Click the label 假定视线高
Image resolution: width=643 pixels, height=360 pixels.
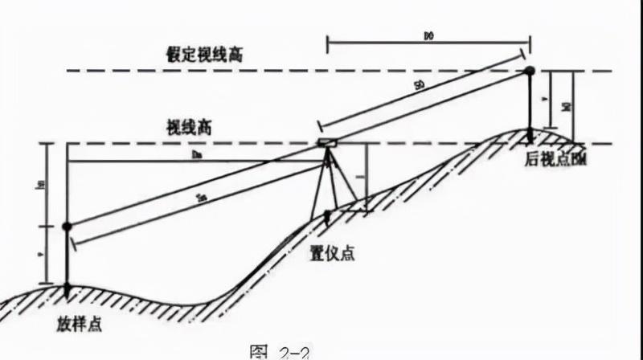200,55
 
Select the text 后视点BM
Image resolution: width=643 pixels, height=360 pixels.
555,161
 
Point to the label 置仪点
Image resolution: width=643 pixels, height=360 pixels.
332,255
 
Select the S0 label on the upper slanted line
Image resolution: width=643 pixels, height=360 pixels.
420,85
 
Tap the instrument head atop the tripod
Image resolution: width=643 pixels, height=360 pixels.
329,143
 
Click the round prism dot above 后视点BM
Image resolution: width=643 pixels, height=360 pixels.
530,72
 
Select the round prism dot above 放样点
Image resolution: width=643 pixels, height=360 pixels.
67,227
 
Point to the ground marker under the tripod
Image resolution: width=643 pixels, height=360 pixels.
328,215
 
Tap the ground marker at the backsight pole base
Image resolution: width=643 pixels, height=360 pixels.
530,133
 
